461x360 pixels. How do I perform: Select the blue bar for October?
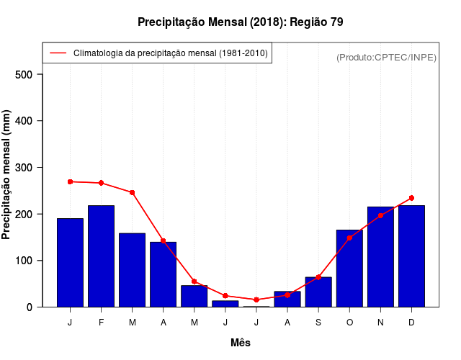(349, 268)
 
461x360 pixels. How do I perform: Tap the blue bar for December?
(411, 256)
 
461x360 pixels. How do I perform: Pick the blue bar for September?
(318, 292)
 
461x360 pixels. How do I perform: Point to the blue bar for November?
(380, 256)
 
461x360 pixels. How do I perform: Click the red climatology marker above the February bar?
(102, 183)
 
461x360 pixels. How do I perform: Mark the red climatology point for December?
(411, 198)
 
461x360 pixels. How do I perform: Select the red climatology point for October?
(349, 238)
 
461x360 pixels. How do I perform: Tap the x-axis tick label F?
(102, 323)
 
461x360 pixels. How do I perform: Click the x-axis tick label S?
(318, 323)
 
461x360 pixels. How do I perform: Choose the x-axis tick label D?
(411, 323)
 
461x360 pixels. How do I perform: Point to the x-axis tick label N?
(380, 323)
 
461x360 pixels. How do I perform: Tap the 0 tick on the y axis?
(30, 307)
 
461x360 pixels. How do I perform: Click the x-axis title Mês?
(241, 343)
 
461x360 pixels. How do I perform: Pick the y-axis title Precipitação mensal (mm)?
(7, 175)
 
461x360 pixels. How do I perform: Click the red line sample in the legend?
(58, 53)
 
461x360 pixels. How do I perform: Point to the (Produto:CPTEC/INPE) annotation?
(387, 58)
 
